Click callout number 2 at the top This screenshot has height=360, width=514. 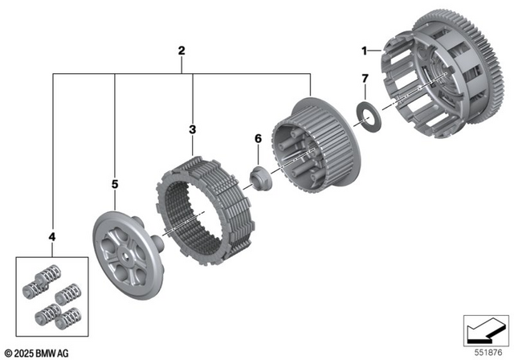click(182, 51)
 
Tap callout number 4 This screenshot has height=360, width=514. click(53, 238)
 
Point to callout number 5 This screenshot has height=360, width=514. click(115, 185)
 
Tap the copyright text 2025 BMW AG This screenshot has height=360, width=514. click(37, 352)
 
